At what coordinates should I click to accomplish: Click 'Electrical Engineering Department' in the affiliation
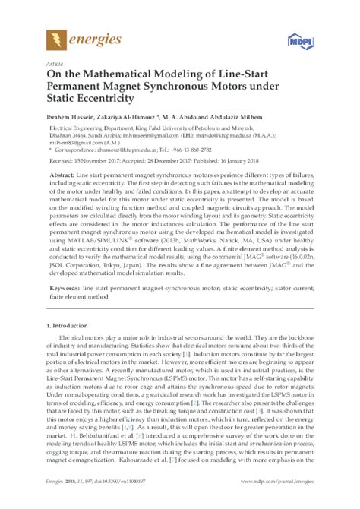pyautogui.click(x=88, y=130)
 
